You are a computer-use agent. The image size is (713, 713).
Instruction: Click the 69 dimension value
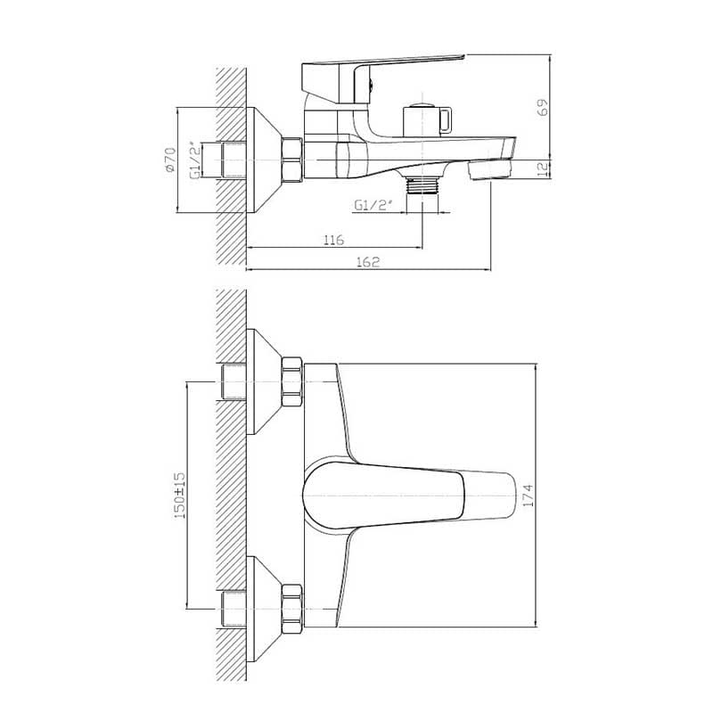tap(543, 107)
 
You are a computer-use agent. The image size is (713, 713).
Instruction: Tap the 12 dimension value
tap(543, 169)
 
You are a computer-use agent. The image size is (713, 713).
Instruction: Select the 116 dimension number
tap(333, 240)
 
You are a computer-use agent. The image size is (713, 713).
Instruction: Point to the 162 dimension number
tap(368, 262)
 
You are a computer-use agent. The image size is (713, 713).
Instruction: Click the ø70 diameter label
tap(170, 160)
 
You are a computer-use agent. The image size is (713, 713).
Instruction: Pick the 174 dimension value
tap(528, 496)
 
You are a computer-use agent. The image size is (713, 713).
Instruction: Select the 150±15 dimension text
tap(180, 496)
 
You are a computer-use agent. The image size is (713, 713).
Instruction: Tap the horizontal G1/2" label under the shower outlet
tap(373, 206)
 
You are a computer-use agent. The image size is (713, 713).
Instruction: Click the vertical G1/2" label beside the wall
tap(195, 160)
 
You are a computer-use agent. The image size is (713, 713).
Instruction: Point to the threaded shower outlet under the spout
tap(422, 184)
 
